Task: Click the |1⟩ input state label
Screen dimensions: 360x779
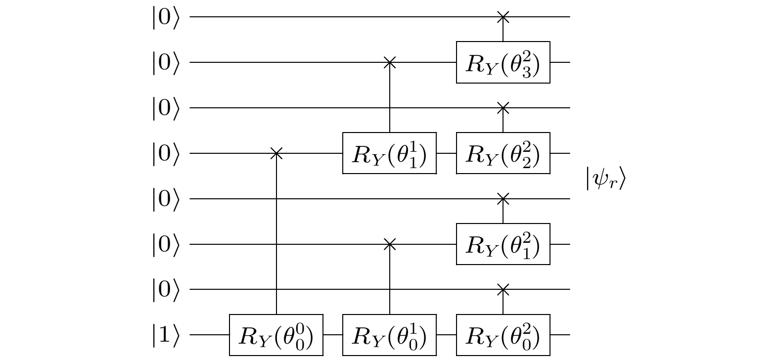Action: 165,335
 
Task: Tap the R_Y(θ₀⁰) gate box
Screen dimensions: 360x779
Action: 276,335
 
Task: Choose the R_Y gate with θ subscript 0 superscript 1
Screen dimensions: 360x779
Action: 390,335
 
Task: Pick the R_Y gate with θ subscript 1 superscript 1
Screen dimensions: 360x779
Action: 390,153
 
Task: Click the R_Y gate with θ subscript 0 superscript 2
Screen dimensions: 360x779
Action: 503,335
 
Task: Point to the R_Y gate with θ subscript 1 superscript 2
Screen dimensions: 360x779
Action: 503,244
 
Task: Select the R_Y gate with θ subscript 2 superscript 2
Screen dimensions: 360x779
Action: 503,153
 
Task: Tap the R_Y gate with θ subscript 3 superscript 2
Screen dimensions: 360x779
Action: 503,62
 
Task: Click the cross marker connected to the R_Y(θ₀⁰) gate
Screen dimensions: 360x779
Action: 276,153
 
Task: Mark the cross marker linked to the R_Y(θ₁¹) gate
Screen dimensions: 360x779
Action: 390,62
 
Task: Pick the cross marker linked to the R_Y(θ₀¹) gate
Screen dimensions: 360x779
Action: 390,244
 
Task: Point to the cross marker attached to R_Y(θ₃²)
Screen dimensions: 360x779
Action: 503,17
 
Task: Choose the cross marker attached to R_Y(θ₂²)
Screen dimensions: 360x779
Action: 503,108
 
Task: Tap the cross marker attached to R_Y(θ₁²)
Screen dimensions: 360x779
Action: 503,199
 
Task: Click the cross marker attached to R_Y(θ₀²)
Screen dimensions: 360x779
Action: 503,289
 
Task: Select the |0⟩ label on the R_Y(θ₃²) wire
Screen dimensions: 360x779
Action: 165,62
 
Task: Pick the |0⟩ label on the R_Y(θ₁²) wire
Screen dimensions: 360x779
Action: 165,244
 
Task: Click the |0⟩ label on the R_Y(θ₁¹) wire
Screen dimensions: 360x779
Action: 165,153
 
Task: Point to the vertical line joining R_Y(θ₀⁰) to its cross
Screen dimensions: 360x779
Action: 276,232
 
